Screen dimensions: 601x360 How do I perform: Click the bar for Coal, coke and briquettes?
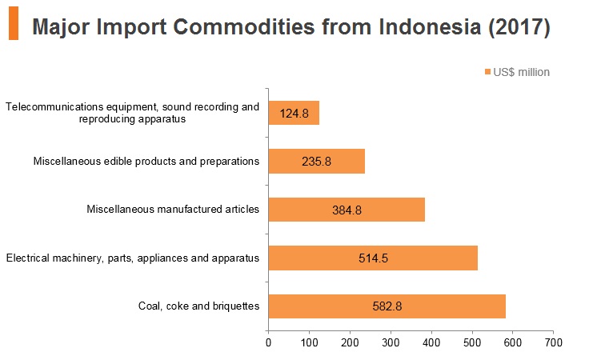[387, 306]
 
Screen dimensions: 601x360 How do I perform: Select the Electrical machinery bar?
[373, 258]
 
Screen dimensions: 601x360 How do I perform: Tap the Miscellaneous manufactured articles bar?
[347, 210]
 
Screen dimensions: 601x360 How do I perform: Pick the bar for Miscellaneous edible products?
[317, 162]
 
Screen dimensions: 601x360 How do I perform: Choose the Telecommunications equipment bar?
[294, 113]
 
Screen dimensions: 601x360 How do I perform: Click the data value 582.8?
[387, 306]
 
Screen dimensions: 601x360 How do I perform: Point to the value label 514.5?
[374, 258]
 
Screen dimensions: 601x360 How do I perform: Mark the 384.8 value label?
[347, 210]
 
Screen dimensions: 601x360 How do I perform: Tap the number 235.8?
[317, 162]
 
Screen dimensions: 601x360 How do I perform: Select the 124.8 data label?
[294, 114]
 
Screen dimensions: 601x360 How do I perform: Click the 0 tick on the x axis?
[268, 342]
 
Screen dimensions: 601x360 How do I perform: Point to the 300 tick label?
[391, 342]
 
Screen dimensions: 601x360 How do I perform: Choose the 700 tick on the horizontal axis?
[553, 342]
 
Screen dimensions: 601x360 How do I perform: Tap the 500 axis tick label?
[472, 342]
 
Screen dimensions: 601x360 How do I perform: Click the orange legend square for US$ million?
[487, 72]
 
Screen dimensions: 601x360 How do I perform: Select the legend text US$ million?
[521, 72]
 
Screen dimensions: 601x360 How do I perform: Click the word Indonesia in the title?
[430, 27]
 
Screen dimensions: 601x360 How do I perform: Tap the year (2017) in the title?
[519, 27]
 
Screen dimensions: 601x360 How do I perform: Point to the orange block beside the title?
[14, 23]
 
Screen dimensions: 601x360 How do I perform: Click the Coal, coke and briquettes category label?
[199, 306]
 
